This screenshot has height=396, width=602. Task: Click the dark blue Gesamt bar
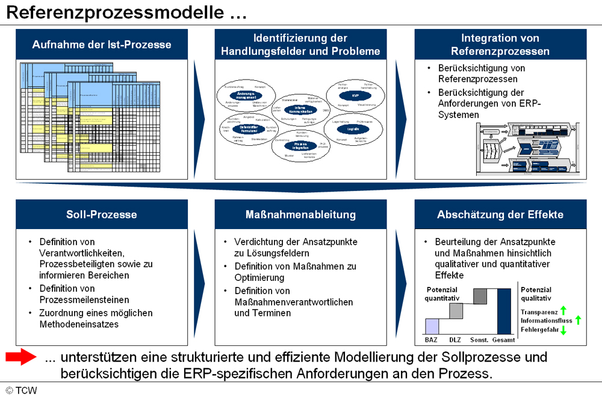pos(504,310)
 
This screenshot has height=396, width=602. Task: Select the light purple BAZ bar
pos(432,325)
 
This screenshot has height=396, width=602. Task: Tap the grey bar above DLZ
pos(456,310)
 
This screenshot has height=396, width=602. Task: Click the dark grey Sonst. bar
pos(480,296)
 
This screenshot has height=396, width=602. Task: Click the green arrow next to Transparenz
pos(563,311)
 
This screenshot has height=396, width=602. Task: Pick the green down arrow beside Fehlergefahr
pos(563,330)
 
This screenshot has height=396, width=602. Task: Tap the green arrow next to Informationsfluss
pos(578,320)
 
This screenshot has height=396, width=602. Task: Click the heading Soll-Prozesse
pos(102,215)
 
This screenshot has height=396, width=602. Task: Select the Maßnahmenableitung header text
pos(300,215)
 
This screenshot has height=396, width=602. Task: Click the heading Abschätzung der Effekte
pos(500,215)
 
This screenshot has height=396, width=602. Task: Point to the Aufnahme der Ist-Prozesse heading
pos(102,45)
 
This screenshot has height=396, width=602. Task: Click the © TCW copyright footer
pos(21,390)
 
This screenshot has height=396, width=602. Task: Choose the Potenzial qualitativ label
pos(536,294)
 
